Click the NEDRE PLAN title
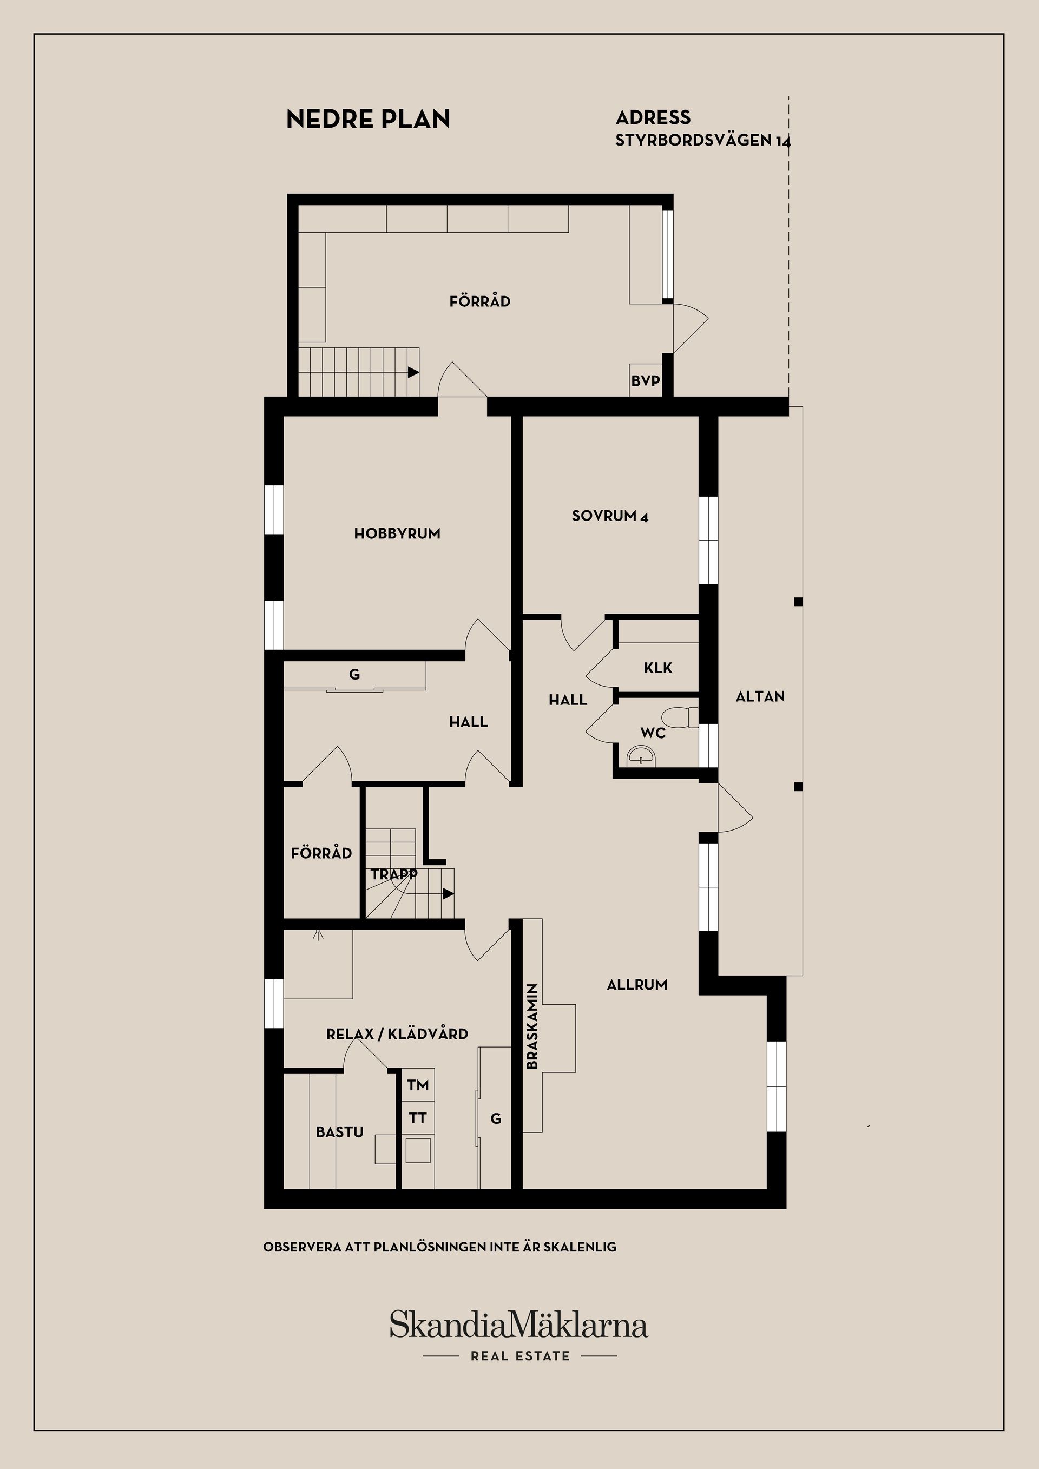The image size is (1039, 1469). pyautogui.click(x=368, y=119)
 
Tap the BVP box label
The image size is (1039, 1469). pyautogui.click(x=645, y=381)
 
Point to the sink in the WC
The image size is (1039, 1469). pyautogui.click(x=641, y=756)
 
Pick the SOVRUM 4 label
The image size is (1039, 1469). pyautogui.click(x=610, y=516)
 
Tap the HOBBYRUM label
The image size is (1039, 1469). pyautogui.click(x=397, y=533)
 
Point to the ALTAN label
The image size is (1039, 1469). pyautogui.click(x=760, y=696)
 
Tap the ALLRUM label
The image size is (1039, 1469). pyautogui.click(x=636, y=985)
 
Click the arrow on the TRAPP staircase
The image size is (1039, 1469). pyautogui.click(x=449, y=894)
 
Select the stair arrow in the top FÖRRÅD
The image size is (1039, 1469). pyautogui.click(x=413, y=372)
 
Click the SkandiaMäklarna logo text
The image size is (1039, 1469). pyautogui.click(x=519, y=1325)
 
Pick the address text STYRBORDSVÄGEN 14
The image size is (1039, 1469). pyautogui.click(x=702, y=141)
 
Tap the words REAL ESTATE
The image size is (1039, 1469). pyautogui.click(x=519, y=1356)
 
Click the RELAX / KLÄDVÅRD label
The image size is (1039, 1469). pyautogui.click(x=397, y=1034)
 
